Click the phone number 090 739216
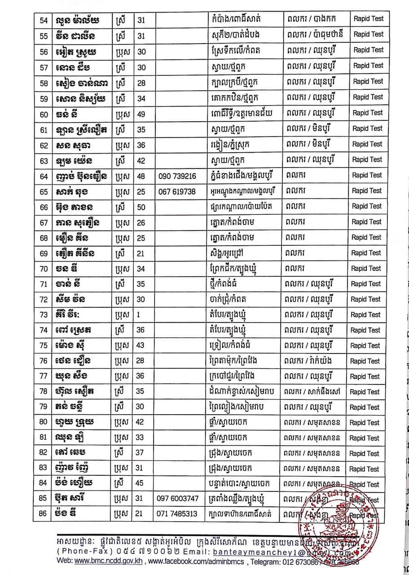click(177, 176)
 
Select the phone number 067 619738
click(177, 191)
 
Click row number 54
click(44, 19)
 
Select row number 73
click(44, 315)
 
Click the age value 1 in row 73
click(140, 315)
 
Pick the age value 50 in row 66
click(141, 207)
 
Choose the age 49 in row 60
click(141, 114)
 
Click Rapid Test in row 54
click(369, 19)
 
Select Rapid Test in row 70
click(366, 268)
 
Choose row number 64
click(44, 176)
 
